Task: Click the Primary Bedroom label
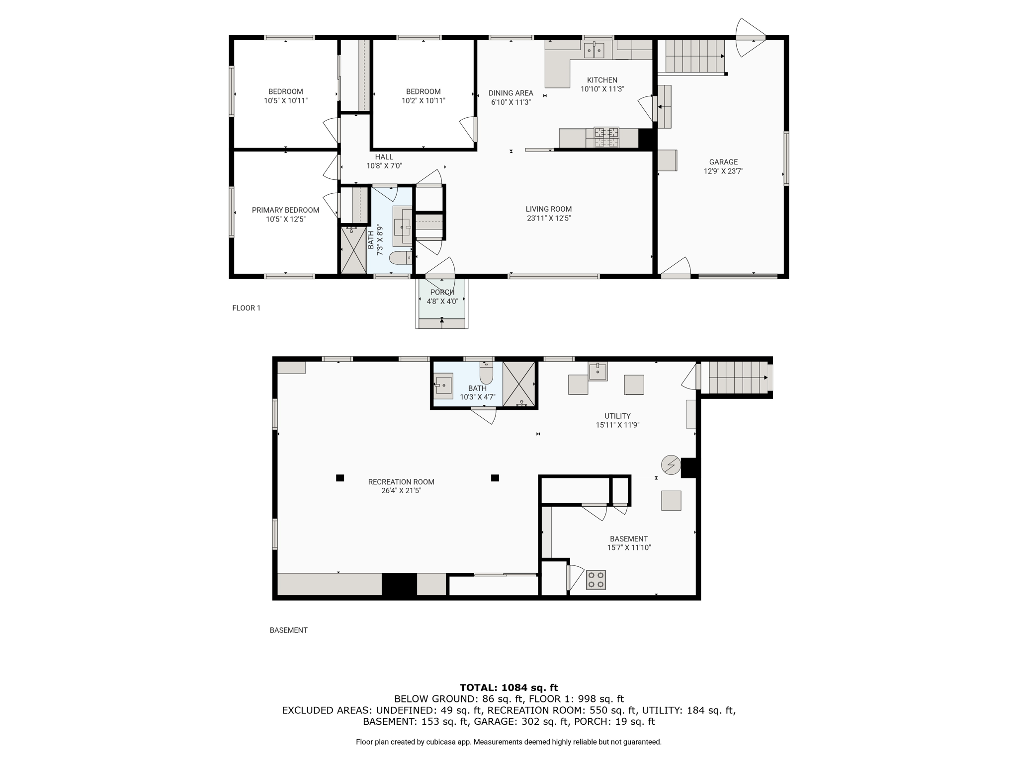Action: click(285, 210)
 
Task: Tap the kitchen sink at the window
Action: click(594, 50)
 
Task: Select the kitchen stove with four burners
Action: click(606, 138)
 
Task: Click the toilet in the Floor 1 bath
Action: click(400, 257)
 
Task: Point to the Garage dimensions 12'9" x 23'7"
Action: click(723, 171)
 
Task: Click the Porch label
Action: click(442, 292)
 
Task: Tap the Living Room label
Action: click(549, 209)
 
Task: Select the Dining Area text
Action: click(510, 93)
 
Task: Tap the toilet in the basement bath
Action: click(486, 373)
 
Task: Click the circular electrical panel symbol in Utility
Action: click(671, 465)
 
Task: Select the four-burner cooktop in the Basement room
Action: click(596, 580)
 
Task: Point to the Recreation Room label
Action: click(401, 482)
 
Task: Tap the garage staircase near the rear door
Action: click(694, 56)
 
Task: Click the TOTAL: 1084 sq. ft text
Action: click(509, 687)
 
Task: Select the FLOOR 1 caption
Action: click(246, 308)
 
